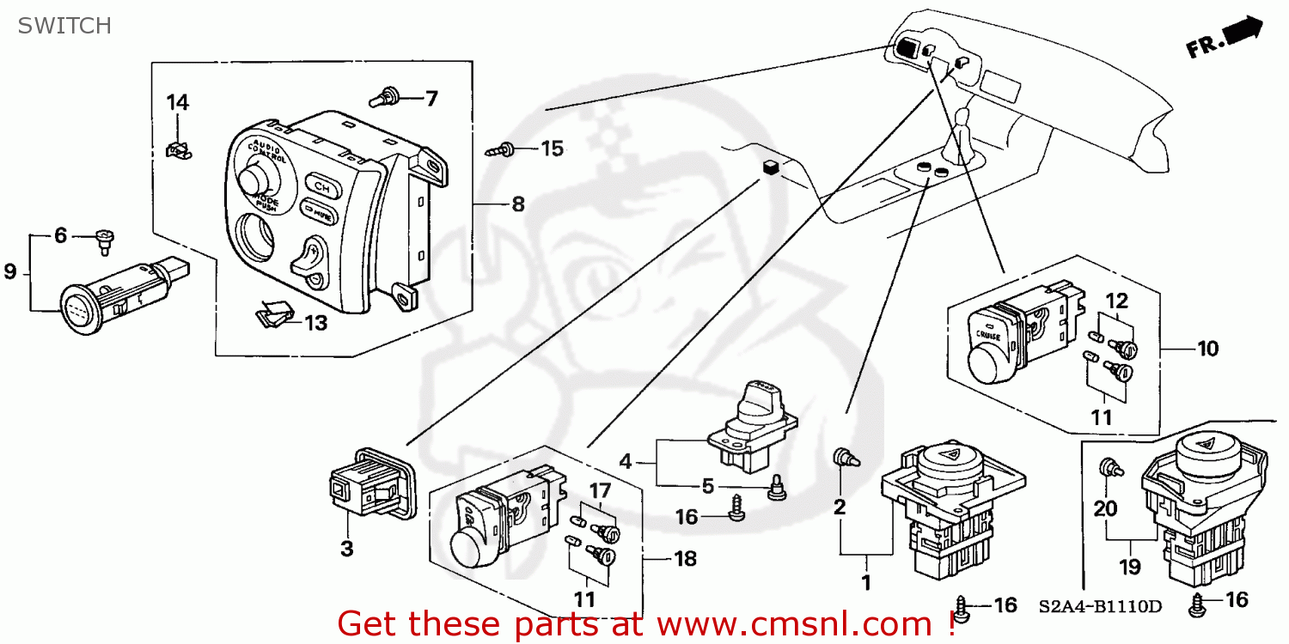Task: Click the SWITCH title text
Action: (64, 26)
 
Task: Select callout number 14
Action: (177, 103)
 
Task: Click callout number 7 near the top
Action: (431, 99)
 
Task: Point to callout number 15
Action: (552, 149)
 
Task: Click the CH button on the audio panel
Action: (322, 185)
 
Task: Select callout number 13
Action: (315, 323)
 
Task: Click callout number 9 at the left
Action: (10, 272)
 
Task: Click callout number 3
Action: (346, 549)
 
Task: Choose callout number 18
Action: (685, 559)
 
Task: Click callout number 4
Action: (626, 462)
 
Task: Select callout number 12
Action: (1115, 301)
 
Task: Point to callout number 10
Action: (1207, 349)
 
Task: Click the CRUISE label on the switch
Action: (987, 337)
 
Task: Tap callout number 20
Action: (1105, 508)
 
